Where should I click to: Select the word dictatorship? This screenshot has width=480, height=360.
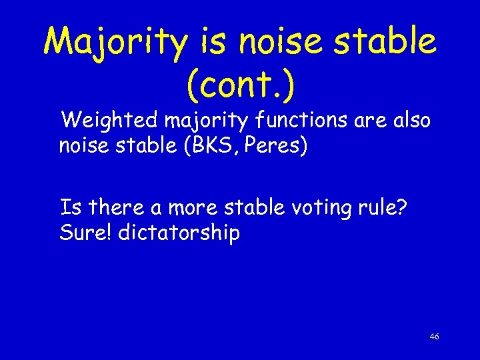(178, 233)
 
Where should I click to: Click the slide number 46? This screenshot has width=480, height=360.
(434, 337)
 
